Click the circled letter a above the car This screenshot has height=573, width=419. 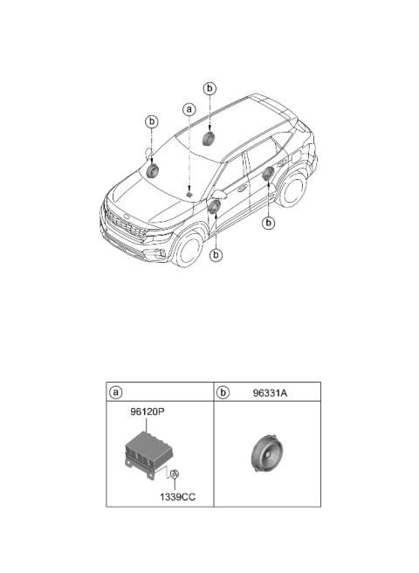[x=189, y=109]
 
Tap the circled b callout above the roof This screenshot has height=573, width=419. [x=209, y=88]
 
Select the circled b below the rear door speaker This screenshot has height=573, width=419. [x=269, y=223]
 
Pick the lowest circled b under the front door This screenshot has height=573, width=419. [x=216, y=255]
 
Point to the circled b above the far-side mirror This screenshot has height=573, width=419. [x=152, y=121]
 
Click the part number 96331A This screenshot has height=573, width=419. [x=270, y=393]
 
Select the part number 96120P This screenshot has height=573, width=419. [x=148, y=412]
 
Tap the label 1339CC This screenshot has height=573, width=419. [x=177, y=497]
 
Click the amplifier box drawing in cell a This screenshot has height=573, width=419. [x=144, y=454]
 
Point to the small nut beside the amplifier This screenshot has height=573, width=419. [x=175, y=474]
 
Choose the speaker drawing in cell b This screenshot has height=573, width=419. [x=266, y=454]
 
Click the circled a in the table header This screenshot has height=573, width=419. [x=116, y=392]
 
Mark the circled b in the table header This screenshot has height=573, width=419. [x=223, y=392]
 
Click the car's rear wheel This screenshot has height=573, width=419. [x=292, y=188]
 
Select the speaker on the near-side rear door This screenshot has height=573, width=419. [x=268, y=173]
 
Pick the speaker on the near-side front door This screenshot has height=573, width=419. [x=214, y=206]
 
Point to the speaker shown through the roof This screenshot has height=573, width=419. [x=209, y=139]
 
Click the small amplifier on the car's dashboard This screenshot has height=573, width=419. [x=189, y=195]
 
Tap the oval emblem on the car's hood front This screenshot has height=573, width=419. [x=127, y=217]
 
